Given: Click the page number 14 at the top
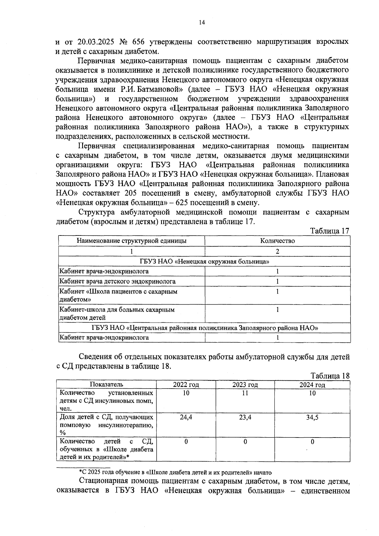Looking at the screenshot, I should pyautogui.click(x=202, y=22).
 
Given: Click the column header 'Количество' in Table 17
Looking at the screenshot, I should pyautogui.click(x=277, y=241).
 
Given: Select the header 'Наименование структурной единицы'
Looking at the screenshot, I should pyautogui.click(x=132, y=241).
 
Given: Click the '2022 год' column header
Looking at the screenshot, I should pyautogui.click(x=186, y=385).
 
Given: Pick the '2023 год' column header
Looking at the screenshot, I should pyautogui.click(x=245, y=385).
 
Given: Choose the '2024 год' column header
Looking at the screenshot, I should pyautogui.click(x=312, y=385).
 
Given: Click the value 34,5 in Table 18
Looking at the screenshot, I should pyautogui.click(x=312, y=418).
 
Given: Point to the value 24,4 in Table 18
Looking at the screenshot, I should pyautogui.click(x=186, y=418).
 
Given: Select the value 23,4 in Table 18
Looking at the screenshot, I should pyautogui.click(x=245, y=418).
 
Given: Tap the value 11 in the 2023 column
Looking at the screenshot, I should pyautogui.click(x=245, y=393).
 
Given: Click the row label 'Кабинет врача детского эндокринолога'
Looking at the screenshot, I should pyautogui.click(x=117, y=281).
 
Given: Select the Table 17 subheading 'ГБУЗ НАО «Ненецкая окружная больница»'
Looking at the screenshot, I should pyautogui.click(x=204, y=262).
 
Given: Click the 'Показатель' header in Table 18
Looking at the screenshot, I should pyautogui.click(x=106, y=384).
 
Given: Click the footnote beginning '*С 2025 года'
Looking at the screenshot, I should pyautogui.click(x=175, y=473).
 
